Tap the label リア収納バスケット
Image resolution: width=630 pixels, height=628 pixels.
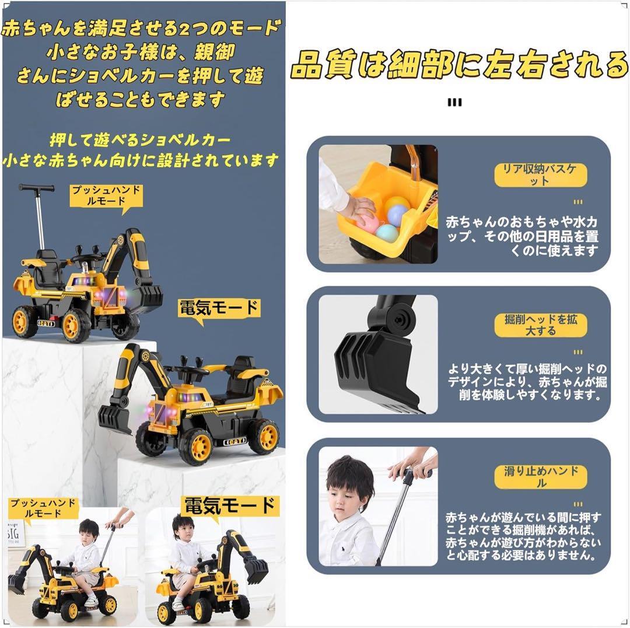540,175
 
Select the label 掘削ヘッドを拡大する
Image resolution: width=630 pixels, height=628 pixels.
540,325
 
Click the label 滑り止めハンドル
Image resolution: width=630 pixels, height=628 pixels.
540,477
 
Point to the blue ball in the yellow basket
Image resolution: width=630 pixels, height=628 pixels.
397,215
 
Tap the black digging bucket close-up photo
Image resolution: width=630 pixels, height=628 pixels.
378,354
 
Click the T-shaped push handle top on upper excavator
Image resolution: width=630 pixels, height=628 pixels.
36,187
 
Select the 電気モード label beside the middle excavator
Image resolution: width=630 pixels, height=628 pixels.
219,308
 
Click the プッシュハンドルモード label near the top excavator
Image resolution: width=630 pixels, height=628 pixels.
106,196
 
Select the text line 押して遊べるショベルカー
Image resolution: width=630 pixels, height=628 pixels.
140,140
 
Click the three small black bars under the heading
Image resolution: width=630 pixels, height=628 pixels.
454,103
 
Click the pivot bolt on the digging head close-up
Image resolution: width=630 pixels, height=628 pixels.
399,320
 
